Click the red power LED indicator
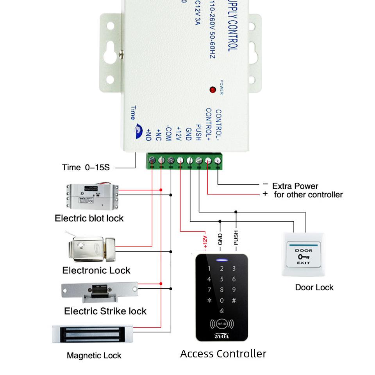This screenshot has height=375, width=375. pyautogui.click(x=213, y=90)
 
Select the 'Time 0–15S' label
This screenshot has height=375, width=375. pyautogui.click(x=86, y=168)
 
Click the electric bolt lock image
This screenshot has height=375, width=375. pyautogui.click(x=92, y=196)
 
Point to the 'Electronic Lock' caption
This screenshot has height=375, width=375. pyautogui.click(x=96, y=270)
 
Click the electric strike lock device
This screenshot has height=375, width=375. pyautogui.click(x=100, y=292)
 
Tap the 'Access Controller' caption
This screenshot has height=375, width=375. pyautogui.click(x=223, y=354)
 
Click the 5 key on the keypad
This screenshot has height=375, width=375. pyautogui.click(x=222, y=279)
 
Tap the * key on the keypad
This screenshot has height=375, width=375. pyautogui.click(x=209, y=301)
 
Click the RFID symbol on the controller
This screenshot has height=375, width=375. pyautogui.click(x=222, y=324)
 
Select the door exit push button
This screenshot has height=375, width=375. pyautogui.click(x=304, y=255)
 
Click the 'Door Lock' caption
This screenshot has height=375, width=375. pyautogui.click(x=314, y=287)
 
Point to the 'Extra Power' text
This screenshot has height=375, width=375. pyautogui.click(x=295, y=186)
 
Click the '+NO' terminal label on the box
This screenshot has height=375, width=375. pyautogui.click(x=148, y=134)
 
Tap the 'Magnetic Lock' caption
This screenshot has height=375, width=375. pyautogui.click(x=94, y=355)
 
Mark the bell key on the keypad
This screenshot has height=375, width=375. pyautogui.click(x=222, y=311)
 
